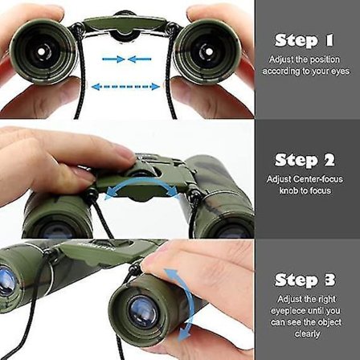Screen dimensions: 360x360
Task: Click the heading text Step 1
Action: point(305,41)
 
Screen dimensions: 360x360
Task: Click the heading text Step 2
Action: point(305,160)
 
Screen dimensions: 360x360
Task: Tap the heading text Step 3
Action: point(305,280)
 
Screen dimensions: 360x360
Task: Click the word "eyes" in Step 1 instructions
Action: point(340,72)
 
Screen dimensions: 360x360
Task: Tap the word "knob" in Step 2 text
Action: point(288,190)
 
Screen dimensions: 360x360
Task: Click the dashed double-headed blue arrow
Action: point(125,87)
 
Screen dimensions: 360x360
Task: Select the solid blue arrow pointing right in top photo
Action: point(113,59)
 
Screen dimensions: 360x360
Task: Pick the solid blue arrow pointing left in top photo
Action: point(139,59)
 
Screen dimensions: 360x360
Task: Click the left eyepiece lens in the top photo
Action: point(41,51)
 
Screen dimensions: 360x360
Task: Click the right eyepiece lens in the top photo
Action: point(206,51)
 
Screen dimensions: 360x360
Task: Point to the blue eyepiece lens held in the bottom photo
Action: point(142,312)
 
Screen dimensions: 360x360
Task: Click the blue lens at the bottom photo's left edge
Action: point(6,281)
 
